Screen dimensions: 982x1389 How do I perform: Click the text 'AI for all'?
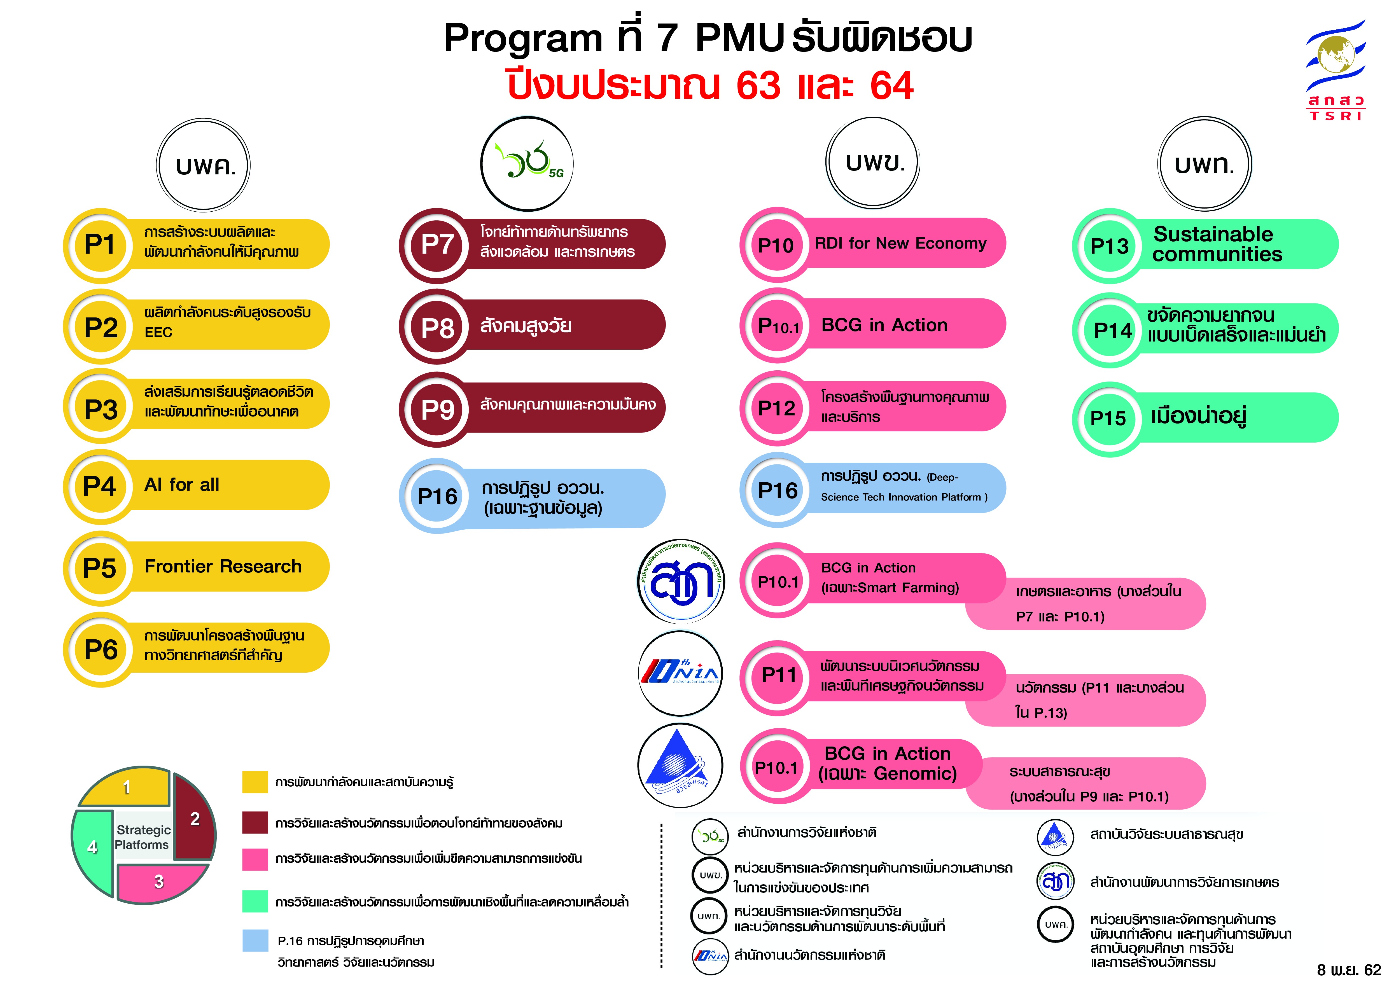pos(181,484)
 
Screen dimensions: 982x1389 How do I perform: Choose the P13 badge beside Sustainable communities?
pos(1109,245)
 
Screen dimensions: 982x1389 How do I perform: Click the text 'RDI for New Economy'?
pos(900,243)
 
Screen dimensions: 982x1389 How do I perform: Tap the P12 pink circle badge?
pos(777,408)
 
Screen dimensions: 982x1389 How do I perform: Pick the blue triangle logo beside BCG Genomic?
pos(680,766)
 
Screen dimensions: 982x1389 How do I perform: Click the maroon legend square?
pos(255,822)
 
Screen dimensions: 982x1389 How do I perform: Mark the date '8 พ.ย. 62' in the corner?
pos(1348,969)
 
